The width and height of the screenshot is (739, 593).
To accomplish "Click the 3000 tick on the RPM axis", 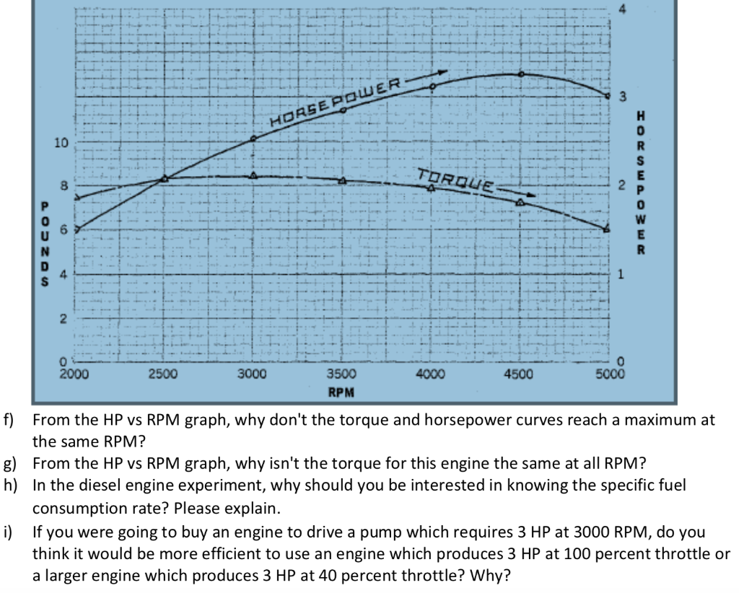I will (253, 374).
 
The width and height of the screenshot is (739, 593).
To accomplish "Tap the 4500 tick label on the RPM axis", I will (518, 374).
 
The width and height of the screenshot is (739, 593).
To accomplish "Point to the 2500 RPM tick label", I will (164, 374).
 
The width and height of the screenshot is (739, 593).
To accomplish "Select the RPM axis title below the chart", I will (341, 392).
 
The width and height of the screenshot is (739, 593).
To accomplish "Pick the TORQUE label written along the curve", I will (455, 178).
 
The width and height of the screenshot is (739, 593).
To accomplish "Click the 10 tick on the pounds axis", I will (61, 142).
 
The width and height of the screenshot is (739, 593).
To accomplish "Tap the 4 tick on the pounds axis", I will (63, 274).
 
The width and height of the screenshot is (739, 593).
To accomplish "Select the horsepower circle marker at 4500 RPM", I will (520, 74).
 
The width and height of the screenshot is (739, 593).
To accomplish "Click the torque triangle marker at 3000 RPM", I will (253, 175).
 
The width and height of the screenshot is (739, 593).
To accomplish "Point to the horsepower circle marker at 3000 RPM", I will (253, 139).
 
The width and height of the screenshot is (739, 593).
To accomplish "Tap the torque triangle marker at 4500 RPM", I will (519, 202).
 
